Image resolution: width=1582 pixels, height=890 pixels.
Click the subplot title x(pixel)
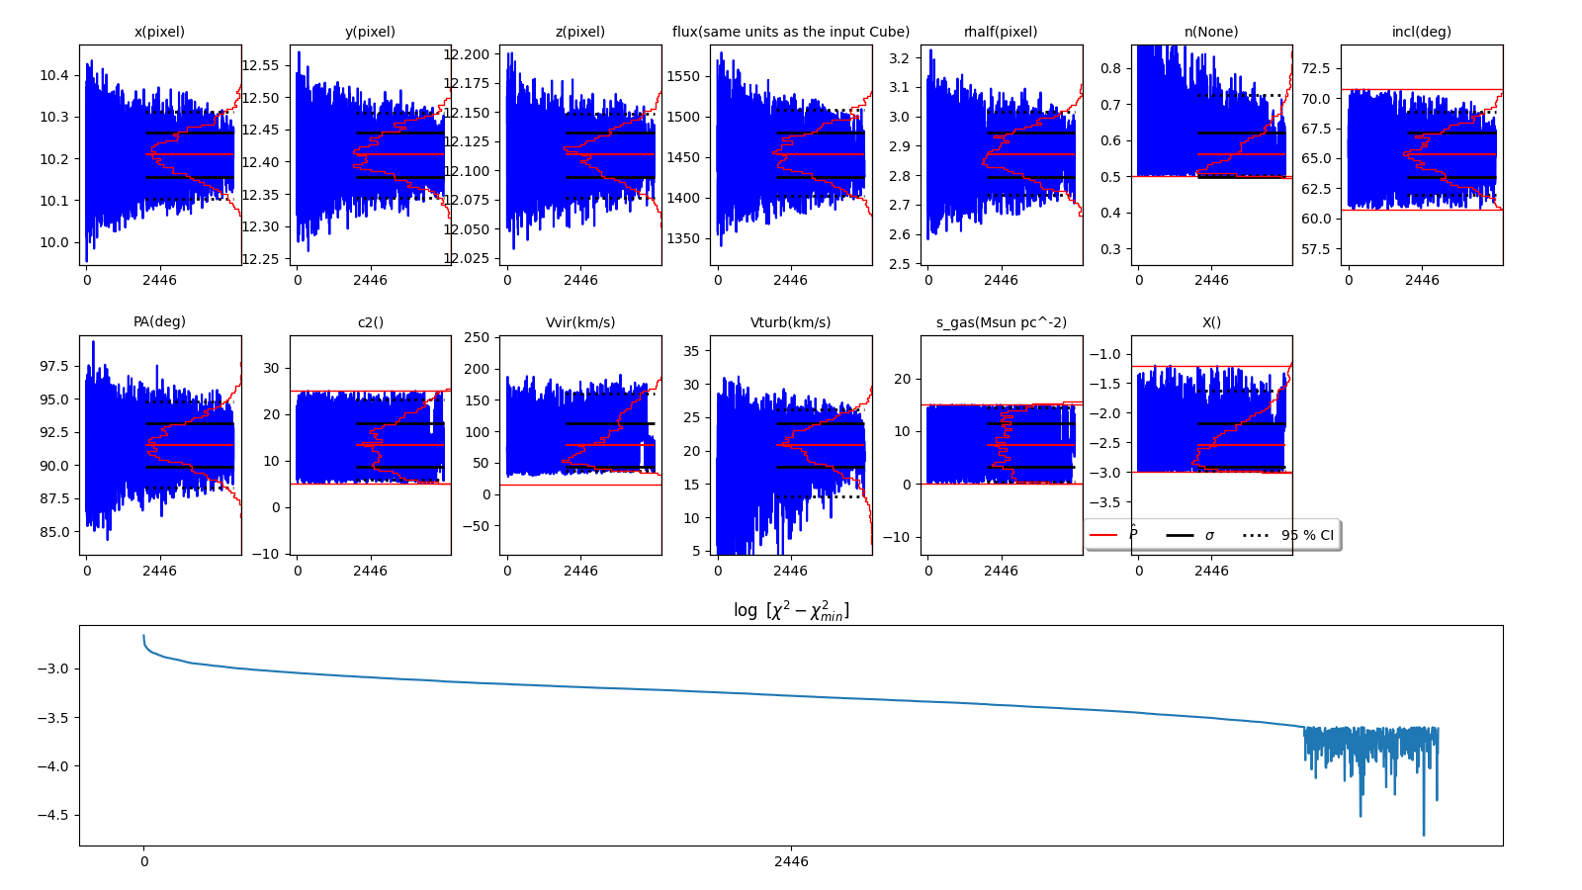click(159, 32)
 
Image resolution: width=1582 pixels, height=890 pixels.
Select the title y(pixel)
click(370, 32)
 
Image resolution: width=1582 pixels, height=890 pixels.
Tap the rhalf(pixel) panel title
click(1001, 32)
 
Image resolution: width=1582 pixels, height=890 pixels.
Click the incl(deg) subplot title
click(1422, 32)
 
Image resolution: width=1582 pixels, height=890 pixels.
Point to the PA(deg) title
click(159, 321)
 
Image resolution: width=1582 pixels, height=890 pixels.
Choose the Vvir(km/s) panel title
click(580, 322)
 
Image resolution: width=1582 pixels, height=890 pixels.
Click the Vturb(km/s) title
click(790, 322)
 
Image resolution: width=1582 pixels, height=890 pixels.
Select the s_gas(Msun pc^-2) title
click(1001, 322)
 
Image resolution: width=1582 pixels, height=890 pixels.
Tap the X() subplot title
click(1211, 322)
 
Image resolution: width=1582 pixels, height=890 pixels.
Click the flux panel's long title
click(791, 32)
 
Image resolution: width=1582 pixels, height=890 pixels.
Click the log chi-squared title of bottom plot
click(791, 610)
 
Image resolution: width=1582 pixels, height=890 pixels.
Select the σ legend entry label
click(1209, 535)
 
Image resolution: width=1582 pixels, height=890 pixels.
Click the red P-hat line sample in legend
click(1103, 535)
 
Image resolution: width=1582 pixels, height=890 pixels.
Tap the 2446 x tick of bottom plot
click(791, 861)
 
